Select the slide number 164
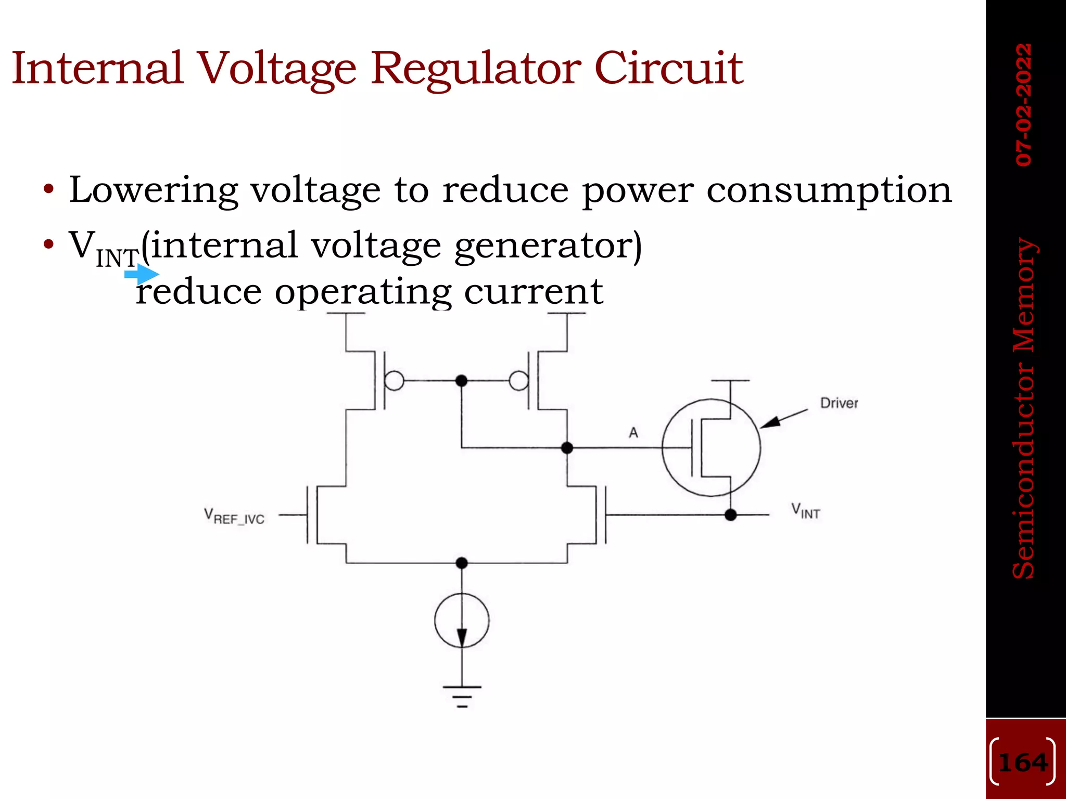(x=1023, y=763)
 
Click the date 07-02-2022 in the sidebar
(x=1024, y=105)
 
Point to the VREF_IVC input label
(x=234, y=517)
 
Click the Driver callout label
(x=839, y=403)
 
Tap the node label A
(x=633, y=432)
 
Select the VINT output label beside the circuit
(x=805, y=511)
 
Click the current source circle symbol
(x=462, y=620)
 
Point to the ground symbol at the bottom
(x=462, y=696)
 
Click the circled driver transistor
(x=711, y=448)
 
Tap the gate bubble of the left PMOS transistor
(x=395, y=381)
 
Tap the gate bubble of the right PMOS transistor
(x=518, y=381)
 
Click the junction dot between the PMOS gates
(x=461, y=381)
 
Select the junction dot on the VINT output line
(x=731, y=515)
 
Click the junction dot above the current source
(x=462, y=563)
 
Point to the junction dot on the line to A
(x=567, y=447)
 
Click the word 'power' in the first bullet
(x=638, y=191)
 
